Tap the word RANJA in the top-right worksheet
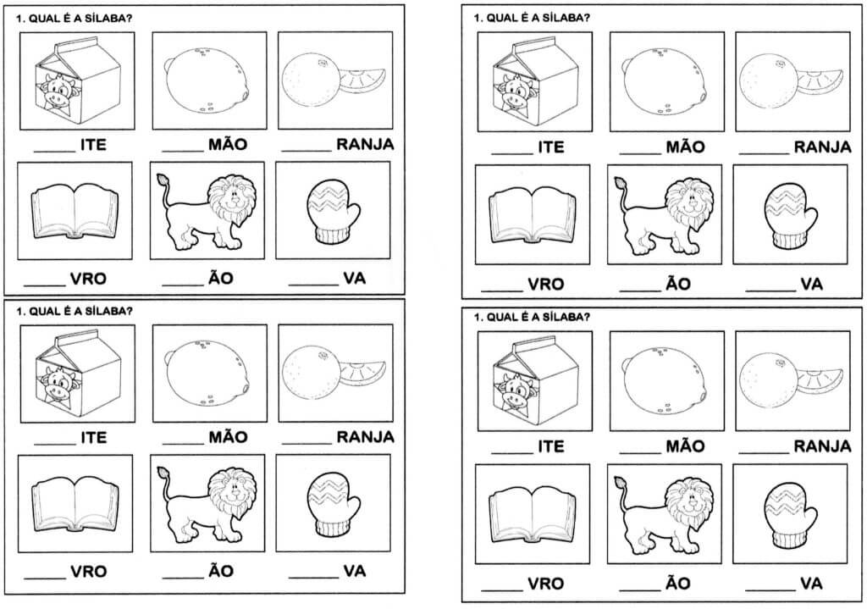[x=822, y=147]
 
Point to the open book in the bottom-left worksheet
[x=72, y=504]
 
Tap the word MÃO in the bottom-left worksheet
[x=228, y=437]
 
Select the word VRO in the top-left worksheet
[x=88, y=278]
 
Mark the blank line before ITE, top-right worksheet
[x=511, y=153]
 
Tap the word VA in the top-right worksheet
[x=811, y=284]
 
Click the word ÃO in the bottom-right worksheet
[x=678, y=583]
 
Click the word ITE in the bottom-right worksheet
[x=550, y=446]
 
